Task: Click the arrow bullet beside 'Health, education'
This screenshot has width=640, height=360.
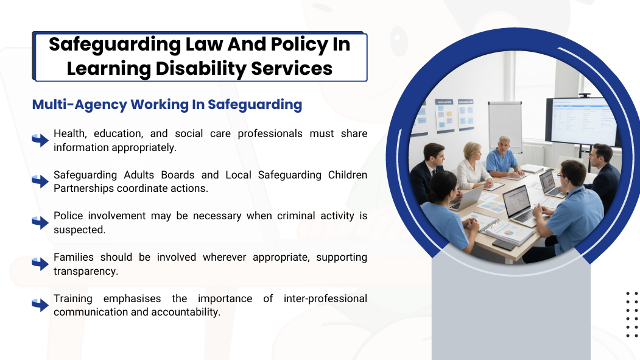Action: tap(40, 140)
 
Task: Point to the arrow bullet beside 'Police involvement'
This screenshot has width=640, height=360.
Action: tap(40, 222)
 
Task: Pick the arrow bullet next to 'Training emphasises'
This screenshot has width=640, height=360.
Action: tap(40, 305)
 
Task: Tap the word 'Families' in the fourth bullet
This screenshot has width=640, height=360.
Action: tap(74, 257)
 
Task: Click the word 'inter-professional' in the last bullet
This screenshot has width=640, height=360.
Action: tap(325, 298)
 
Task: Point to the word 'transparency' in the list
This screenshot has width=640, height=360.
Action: tap(85, 271)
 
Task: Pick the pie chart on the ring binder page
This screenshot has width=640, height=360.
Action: tap(508, 233)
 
